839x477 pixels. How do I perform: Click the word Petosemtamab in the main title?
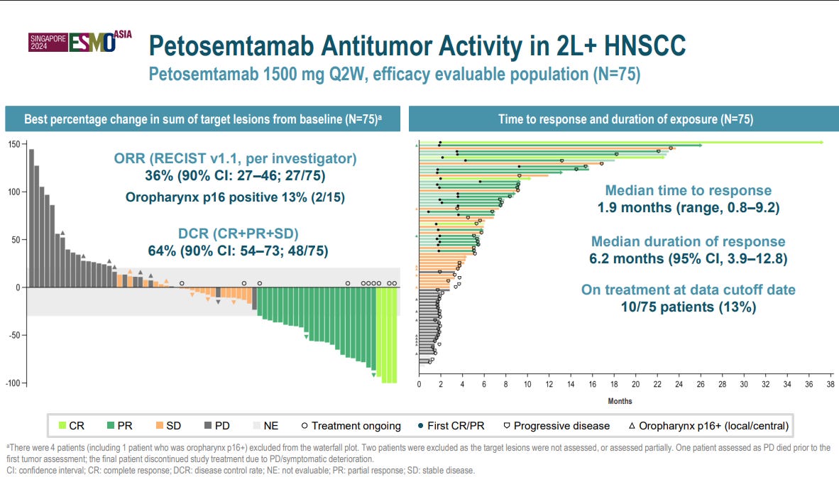pos(231,46)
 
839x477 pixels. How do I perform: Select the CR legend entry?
pos(71,426)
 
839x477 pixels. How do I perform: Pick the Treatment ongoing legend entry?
pos(351,426)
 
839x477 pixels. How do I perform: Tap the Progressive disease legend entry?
pos(556,426)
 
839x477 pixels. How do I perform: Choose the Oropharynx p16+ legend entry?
pos(708,426)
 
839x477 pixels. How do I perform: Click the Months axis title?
pos(620,401)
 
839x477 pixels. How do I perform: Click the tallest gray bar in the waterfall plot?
pos(31,219)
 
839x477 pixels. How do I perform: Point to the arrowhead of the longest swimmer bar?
pos(822,143)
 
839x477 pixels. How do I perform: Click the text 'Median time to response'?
pos(688,190)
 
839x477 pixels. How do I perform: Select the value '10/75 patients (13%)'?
pos(688,307)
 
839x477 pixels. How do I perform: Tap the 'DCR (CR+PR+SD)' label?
pos(238,234)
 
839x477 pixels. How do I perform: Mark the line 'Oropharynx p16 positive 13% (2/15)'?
pos(235,197)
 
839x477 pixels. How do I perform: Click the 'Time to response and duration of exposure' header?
pos(625,119)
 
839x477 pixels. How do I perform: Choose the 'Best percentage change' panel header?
pos(203,119)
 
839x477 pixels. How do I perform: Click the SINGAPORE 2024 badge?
pos(48,43)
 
